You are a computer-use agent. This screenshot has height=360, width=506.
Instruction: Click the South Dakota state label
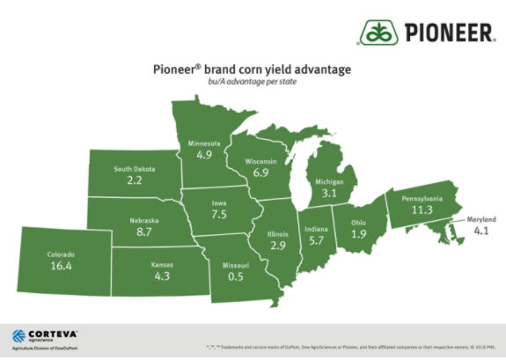click(134, 168)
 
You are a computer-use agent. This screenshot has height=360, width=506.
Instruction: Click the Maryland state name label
click(481, 220)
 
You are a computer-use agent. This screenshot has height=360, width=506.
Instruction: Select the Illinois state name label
click(276, 234)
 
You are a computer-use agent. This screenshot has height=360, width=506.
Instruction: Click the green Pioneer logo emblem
click(378, 34)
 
